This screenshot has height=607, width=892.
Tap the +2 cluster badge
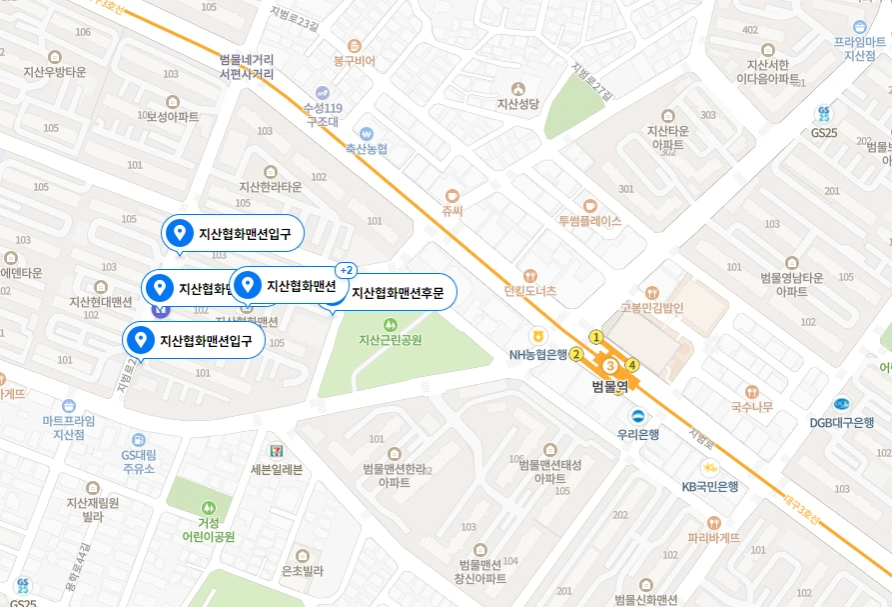pyautogui.click(x=347, y=270)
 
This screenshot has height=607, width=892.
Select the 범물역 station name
pyautogui.click(x=609, y=386)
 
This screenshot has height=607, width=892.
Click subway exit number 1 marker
pyautogui.click(x=596, y=337)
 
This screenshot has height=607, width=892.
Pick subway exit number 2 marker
pyautogui.click(x=576, y=353)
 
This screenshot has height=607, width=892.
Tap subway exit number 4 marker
pyautogui.click(x=631, y=364)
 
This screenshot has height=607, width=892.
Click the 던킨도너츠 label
pyautogui.click(x=530, y=290)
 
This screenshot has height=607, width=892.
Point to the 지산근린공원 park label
pyautogui.click(x=390, y=339)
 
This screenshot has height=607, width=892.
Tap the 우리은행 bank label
pyautogui.click(x=637, y=434)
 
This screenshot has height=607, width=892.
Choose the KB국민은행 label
pyautogui.click(x=709, y=486)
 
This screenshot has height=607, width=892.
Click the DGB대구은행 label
pyautogui.click(x=842, y=422)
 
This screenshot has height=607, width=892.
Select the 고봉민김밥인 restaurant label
pyautogui.click(x=651, y=308)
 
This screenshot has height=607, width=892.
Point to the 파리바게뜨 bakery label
pyautogui.click(x=713, y=537)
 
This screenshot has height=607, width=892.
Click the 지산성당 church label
pyautogui.click(x=517, y=103)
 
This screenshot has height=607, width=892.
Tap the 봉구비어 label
pyautogui.click(x=354, y=61)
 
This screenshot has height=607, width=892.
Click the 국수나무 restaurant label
pyautogui.click(x=751, y=406)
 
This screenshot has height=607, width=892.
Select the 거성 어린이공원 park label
pyautogui.click(x=208, y=529)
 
